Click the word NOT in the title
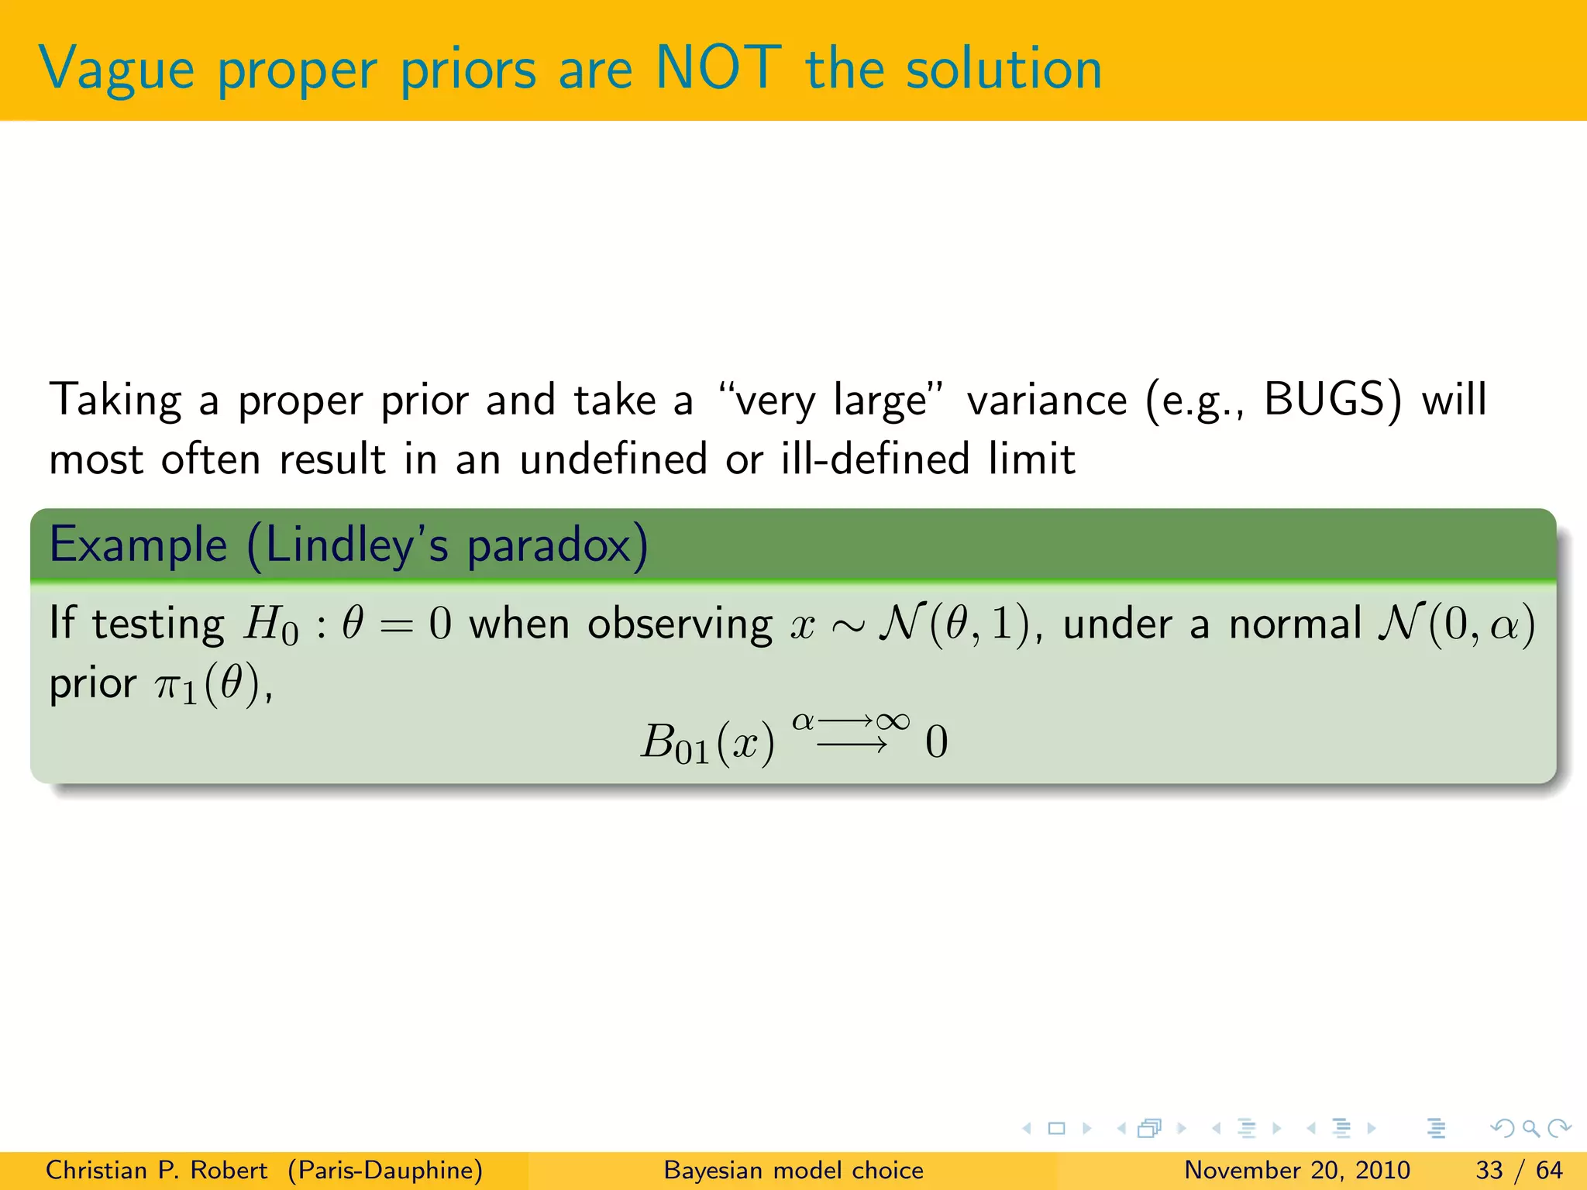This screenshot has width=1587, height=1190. tap(718, 68)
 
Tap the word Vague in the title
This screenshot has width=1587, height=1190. tap(116, 70)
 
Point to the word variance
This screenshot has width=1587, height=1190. tap(1047, 401)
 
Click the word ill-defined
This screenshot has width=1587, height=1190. tap(875, 459)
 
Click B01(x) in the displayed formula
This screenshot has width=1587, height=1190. tap(707, 743)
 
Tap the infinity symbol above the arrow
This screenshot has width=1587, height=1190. tap(893, 721)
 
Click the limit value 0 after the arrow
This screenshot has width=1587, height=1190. tap(936, 742)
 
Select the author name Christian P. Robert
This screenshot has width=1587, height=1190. tap(157, 1170)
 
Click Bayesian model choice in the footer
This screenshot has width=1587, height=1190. tap(793, 1170)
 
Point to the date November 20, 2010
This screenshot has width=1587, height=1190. tap(1297, 1170)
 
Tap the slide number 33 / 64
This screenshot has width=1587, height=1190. tap(1520, 1170)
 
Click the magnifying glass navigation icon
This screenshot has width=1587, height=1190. tap(1530, 1128)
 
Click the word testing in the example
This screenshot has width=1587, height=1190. tap(158, 624)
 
